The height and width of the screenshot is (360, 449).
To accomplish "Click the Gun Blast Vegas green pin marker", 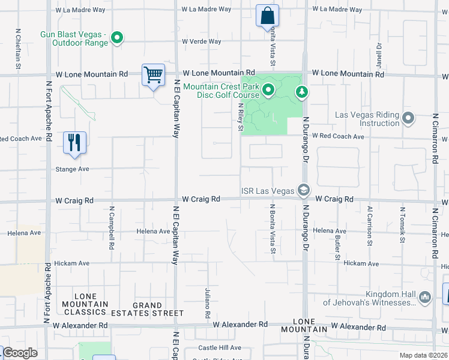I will pyautogui.click(x=118, y=39).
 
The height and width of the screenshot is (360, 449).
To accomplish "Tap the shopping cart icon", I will pyautogui.click(x=153, y=76).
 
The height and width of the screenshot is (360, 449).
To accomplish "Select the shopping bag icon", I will pyautogui.click(x=267, y=16).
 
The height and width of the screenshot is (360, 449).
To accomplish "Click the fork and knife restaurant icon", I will pyautogui.click(x=74, y=143).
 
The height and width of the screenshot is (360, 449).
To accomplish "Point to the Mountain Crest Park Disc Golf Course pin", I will pyautogui.click(x=268, y=91).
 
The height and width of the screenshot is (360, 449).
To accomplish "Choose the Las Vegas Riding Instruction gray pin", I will pyautogui.click(x=409, y=118).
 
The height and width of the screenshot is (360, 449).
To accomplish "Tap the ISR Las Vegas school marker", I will pyautogui.click(x=303, y=190).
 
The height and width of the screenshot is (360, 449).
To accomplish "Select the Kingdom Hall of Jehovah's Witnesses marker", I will pyautogui.click(x=425, y=296).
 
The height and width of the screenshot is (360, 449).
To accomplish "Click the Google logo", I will pyautogui.click(x=20, y=353).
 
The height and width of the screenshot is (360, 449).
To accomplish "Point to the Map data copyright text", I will pyautogui.click(x=423, y=355).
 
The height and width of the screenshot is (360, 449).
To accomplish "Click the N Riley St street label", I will pyautogui.click(x=241, y=116).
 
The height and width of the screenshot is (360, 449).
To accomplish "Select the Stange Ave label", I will pyautogui.click(x=73, y=169).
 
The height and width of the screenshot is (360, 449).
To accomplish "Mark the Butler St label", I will pyautogui.click(x=338, y=244).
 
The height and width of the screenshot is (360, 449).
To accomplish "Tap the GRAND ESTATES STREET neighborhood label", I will pyautogui.click(x=149, y=309).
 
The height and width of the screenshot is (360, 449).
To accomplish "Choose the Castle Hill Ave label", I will pyautogui.click(x=220, y=348).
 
